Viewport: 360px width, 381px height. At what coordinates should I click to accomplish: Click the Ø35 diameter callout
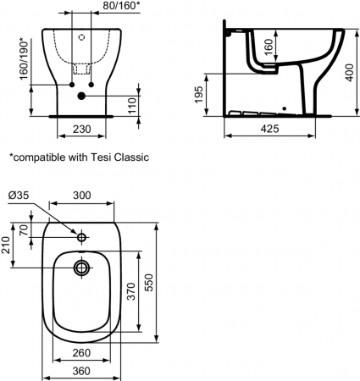pos(19,195)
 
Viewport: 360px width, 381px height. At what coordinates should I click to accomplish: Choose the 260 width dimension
pos(80,352)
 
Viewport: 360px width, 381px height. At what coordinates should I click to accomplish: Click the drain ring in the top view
pos(81,268)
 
